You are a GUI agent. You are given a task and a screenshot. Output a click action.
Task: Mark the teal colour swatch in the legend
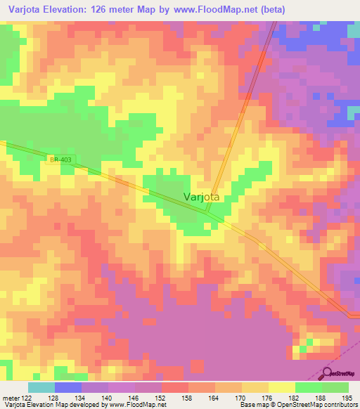point(41,387)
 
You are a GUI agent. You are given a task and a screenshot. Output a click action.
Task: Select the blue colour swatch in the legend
point(68,387)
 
